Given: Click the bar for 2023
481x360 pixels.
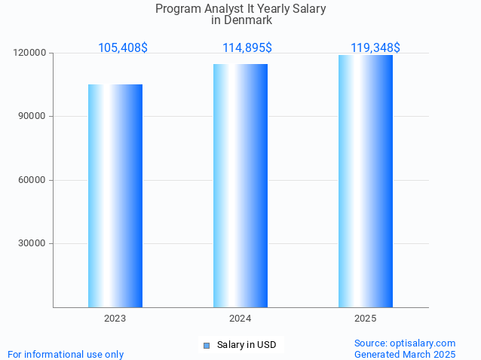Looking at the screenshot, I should (x=115, y=196).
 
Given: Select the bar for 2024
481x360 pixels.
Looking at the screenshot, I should (x=240, y=185).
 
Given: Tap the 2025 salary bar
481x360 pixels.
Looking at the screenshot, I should (x=366, y=181).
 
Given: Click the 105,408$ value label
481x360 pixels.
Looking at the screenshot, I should (x=123, y=48).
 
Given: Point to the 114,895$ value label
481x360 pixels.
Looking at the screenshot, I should (x=247, y=48).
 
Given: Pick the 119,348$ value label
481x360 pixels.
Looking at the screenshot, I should (x=375, y=48).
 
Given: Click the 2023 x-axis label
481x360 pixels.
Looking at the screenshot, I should (x=115, y=319).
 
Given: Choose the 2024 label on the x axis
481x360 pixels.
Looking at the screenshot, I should (x=240, y=319).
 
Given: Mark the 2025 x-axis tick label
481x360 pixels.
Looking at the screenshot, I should (x=366, y=319).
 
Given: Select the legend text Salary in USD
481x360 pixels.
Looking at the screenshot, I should (x=247, y=345).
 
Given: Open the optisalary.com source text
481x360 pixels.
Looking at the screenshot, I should (x=405, y=343).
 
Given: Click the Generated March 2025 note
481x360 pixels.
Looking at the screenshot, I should (x=405, y=354).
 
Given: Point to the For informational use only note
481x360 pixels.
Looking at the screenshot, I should (x=66, y=354).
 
